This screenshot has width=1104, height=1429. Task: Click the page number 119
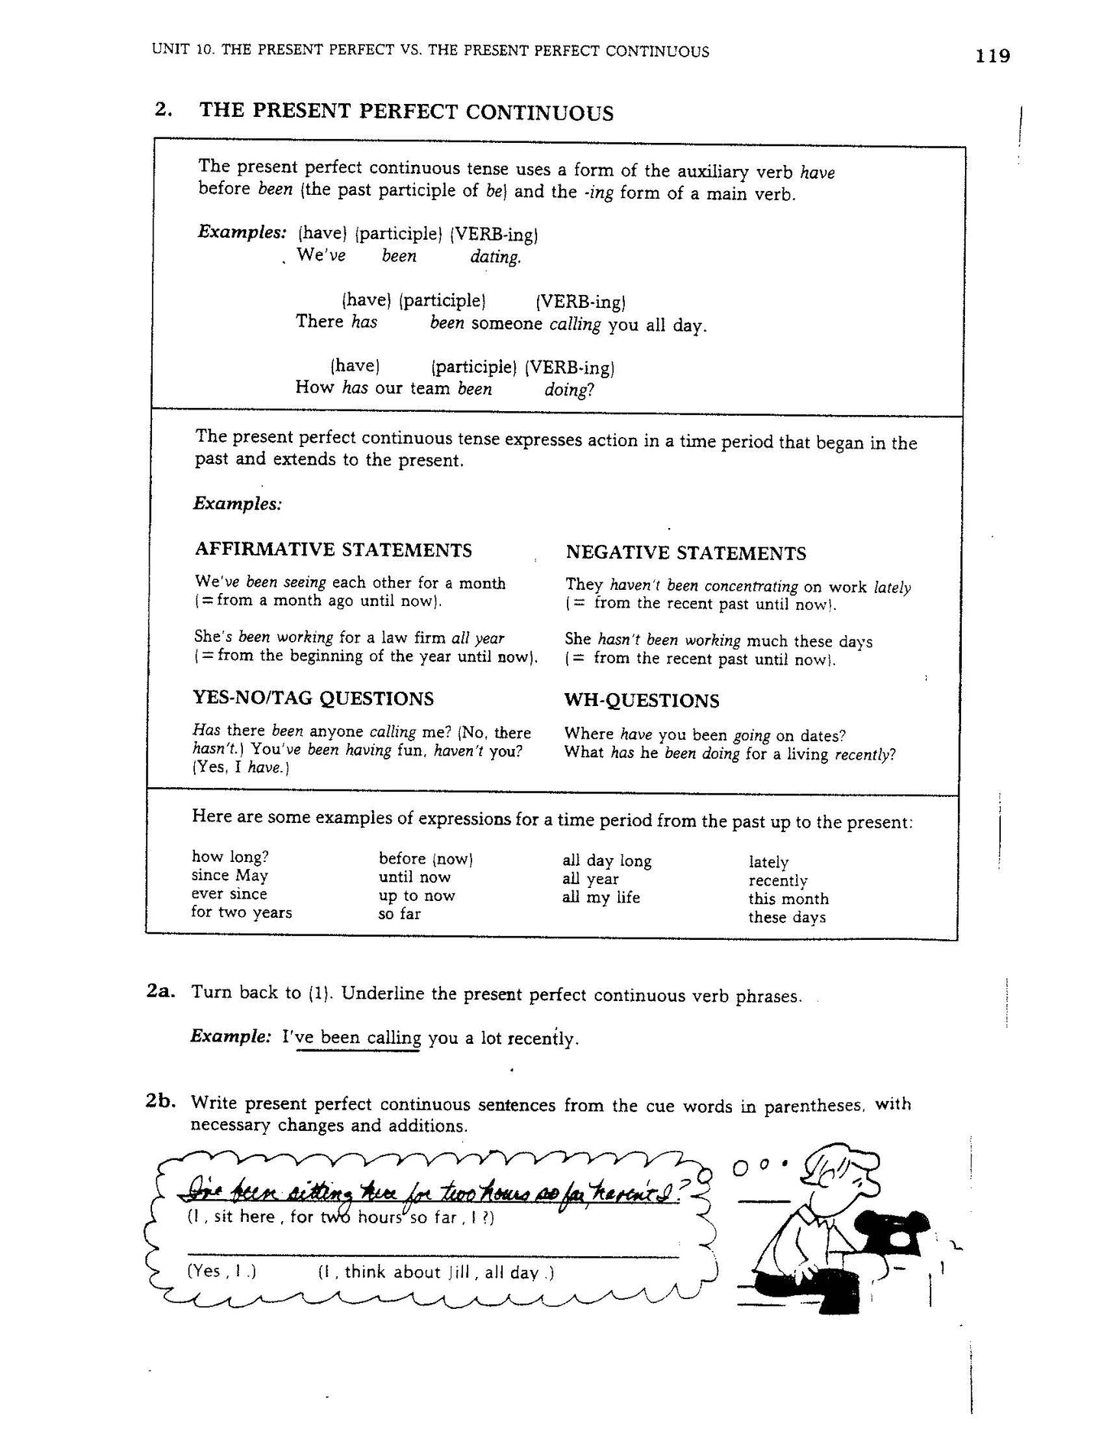point(992,56)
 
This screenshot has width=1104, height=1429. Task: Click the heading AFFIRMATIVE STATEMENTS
point(333,550)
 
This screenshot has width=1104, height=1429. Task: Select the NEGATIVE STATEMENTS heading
point(685,553)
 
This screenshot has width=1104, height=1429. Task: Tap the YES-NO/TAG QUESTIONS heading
point(313,698)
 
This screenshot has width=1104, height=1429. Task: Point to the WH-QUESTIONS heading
point(642,701)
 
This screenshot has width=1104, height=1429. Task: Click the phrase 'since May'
point(229,876)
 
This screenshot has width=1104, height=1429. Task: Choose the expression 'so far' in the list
point(400,914)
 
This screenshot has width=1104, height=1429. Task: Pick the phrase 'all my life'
point(601,898)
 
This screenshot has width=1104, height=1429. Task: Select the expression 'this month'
point(788,899)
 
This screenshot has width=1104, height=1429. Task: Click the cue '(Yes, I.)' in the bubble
point(221,1272)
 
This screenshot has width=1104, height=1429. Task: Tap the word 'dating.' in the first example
point(495,258)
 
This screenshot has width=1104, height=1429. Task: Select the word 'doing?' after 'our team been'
point(568,390)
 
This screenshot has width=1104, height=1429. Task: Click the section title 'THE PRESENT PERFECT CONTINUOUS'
point(406,113)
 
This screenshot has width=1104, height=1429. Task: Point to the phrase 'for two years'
point(241,912)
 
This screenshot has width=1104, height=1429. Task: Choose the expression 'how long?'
point(230,857)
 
